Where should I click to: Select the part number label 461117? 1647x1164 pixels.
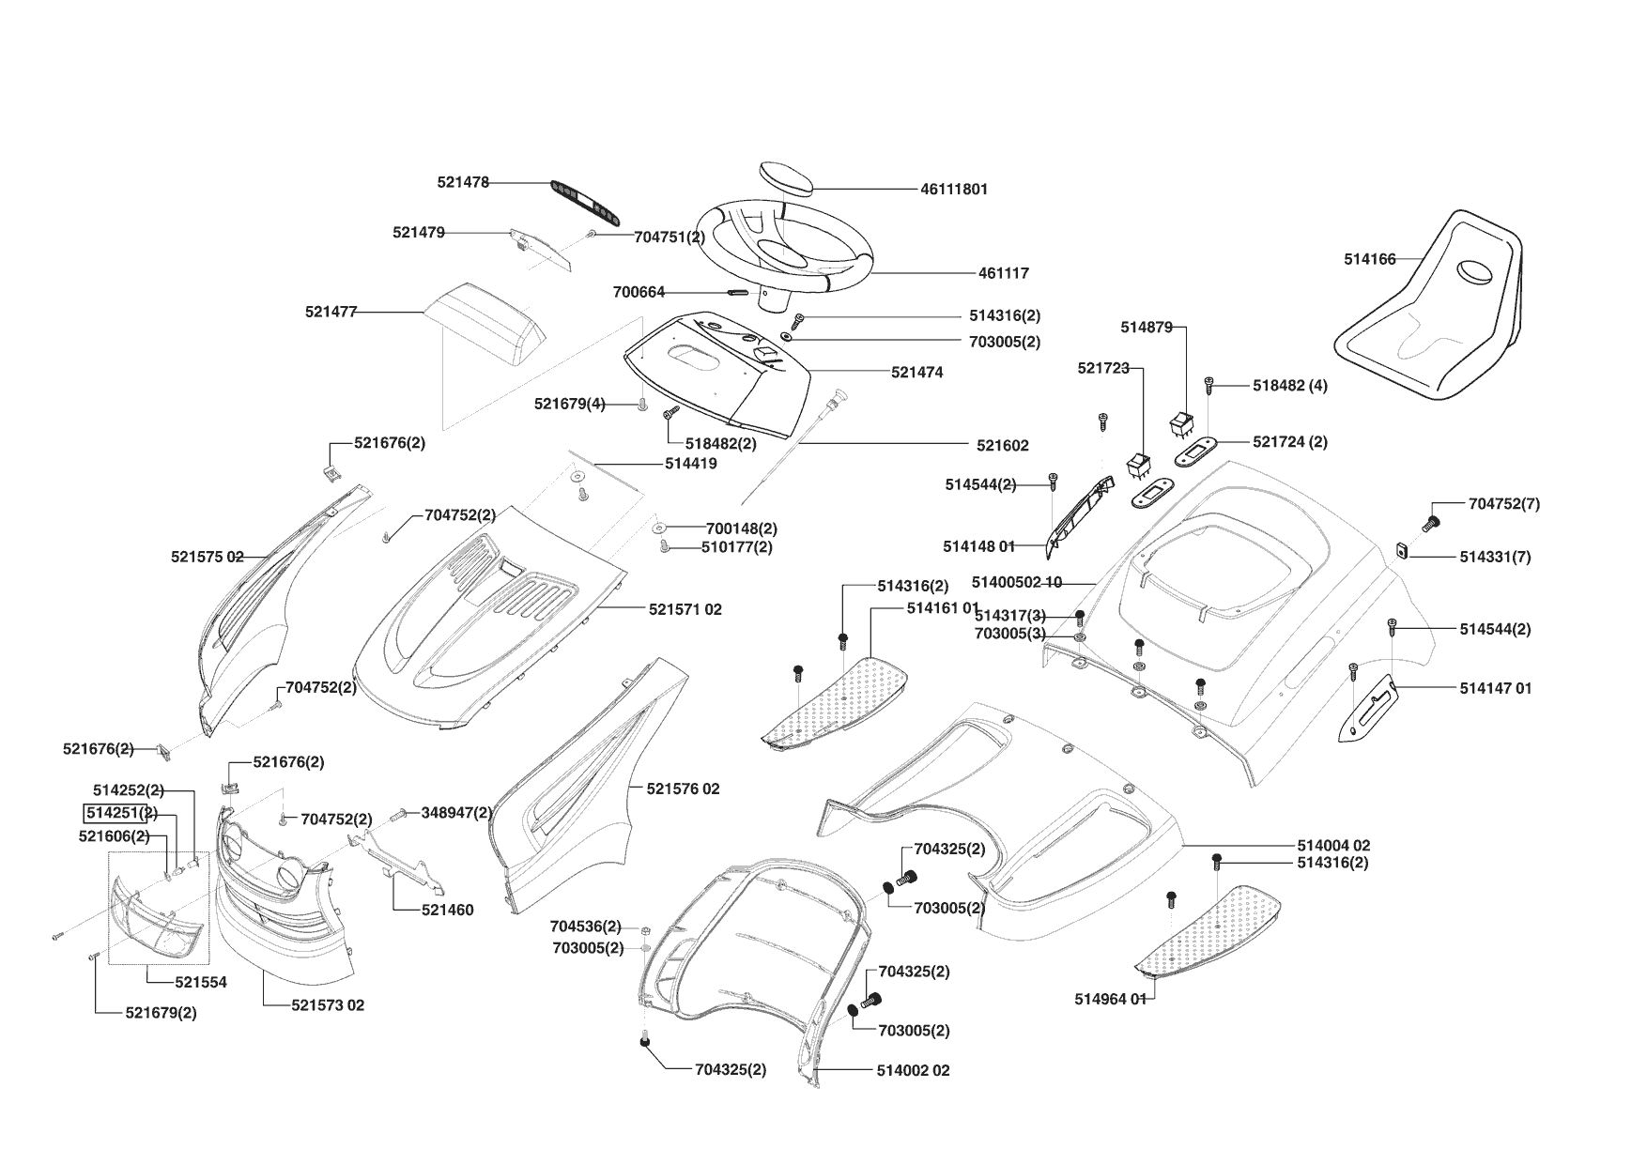(1004, 273)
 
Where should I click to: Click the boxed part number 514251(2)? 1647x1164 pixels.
(120, 812)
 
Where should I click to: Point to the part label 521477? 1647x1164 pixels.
(331, 312)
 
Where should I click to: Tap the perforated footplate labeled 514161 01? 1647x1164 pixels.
(836, 699)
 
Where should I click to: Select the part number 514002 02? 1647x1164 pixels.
(913, 1070)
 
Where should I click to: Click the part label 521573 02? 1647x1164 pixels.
(328, 1005)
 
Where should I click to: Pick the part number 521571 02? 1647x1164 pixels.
(685, 609)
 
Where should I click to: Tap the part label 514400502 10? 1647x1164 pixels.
(1017, 583)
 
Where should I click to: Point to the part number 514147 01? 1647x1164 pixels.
(1495, 688)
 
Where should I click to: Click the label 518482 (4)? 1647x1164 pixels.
(1290, 386)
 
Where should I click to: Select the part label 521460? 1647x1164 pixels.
(447, 910)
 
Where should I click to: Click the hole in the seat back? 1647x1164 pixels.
(1478, 272)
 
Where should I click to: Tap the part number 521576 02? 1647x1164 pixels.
(683, 789)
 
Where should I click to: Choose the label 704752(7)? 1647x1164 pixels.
(1503, 504)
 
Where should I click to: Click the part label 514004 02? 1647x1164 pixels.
(1333, 846)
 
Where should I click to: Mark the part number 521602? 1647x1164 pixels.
(1002, 446)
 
